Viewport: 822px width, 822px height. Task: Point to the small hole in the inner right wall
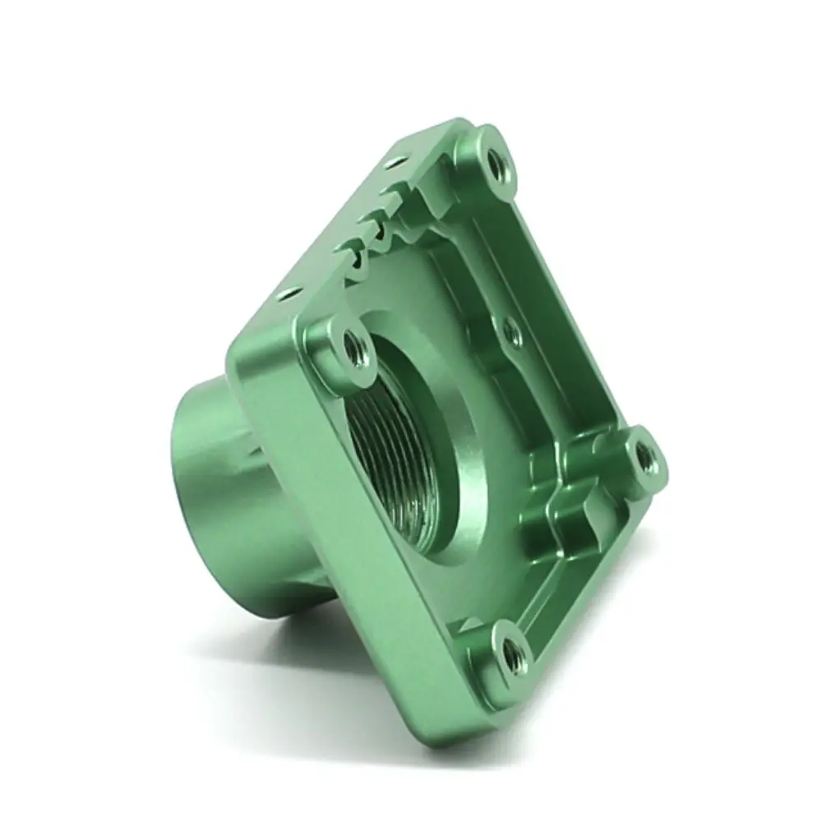pos(510,332)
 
